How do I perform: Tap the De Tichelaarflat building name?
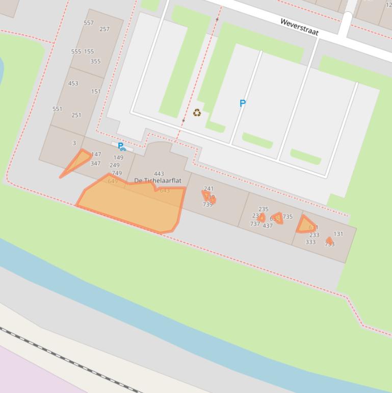point(158,181)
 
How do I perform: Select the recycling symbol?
point(197,113)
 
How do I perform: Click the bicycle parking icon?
point(121,147)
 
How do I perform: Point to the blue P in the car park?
point(243,103)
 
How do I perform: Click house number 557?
point(89,23)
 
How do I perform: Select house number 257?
point(104,29)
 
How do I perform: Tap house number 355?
point(95,61)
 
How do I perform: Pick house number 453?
point(73,83)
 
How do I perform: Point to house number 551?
point(57,109)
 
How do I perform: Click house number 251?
point(76,115)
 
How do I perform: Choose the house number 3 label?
point(74,143)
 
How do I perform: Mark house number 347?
point(95,163)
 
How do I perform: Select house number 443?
point(159,174)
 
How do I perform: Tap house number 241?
point(208,189)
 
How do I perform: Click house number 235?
point(264,209)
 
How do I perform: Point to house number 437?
point(268,226)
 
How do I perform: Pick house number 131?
point(338,234)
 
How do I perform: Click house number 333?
point(310,242)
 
